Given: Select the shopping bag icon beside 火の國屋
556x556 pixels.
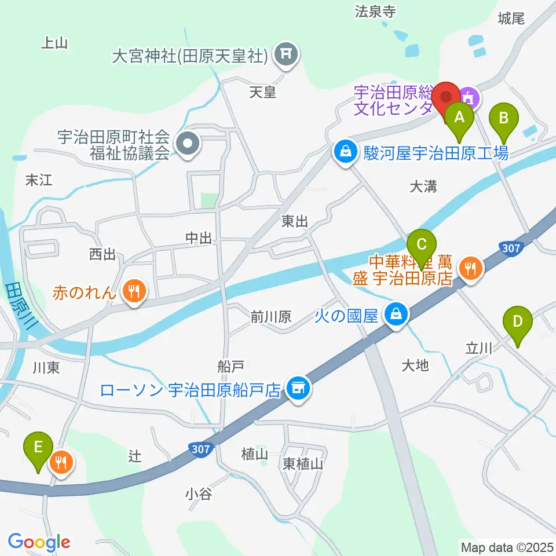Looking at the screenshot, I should (x=397, y=315).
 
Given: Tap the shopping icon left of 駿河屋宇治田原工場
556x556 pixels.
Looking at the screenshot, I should (x=345, y=152).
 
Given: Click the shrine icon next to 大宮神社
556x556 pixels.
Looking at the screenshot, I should (x=285, y=55).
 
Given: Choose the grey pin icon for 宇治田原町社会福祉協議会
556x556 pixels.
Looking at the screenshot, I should (x=188, y=142).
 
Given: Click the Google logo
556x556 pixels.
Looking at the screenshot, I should (x=39, y=543).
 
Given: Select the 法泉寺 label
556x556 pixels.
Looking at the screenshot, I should (x=375, y=11).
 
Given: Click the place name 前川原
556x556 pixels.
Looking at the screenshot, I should (x=270, y=316).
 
